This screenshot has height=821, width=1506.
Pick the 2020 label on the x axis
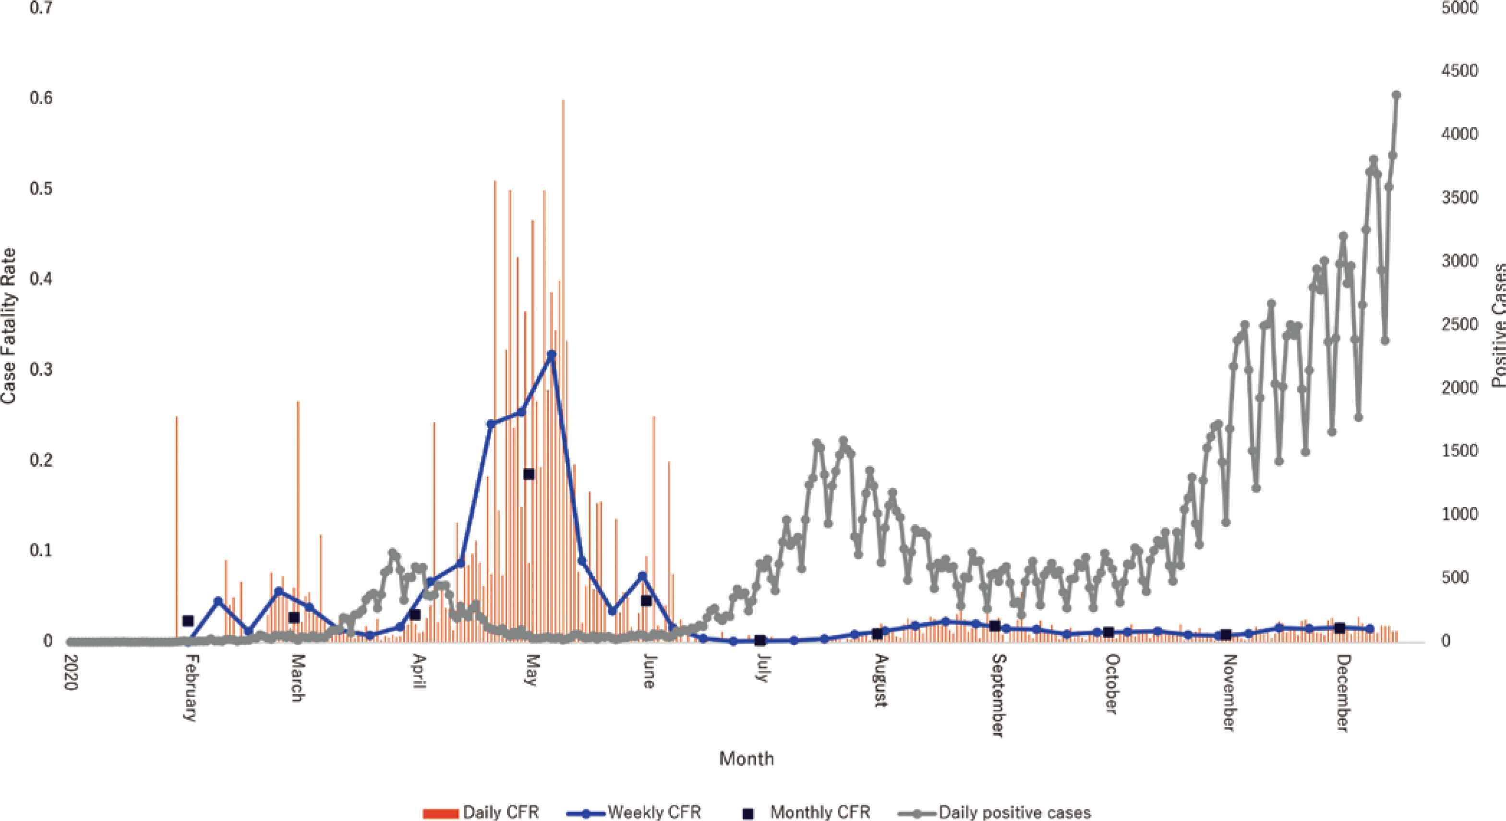(x=70, y=674)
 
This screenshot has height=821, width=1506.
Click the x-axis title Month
(x=746, y=759)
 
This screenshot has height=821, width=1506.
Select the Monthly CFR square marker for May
(x=529, y=474)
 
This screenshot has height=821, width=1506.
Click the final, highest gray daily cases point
(x=1396, y=95)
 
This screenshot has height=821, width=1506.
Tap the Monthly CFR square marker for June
(x=646, y=601)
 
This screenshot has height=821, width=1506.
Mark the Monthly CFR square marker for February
(x=188, y=620)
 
